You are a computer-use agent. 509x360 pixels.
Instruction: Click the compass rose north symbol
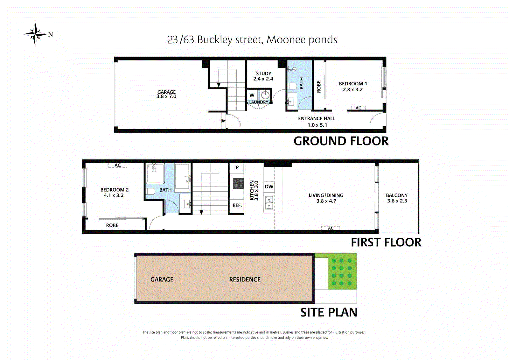click(x=35, y=34)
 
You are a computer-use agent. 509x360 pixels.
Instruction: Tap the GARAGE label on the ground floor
click(x=166, y=92)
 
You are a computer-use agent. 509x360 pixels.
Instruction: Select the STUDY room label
click(x=264, y=74)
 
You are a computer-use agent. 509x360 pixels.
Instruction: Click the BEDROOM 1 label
click(x=353, y=83)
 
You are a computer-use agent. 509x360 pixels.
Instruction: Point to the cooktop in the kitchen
click(x=238, y=183)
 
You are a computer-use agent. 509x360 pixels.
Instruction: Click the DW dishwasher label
click(x=269, y=187)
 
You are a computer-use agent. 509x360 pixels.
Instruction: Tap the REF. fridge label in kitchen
click(x=237, y=205)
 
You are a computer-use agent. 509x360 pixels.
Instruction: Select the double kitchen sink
click(x=269, y=203)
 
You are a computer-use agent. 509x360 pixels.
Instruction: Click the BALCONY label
click(x=397, y=195)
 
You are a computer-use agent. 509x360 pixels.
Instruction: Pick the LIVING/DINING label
click(x=326, y=195)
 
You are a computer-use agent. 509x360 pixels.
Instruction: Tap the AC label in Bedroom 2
click(x=118, y=165)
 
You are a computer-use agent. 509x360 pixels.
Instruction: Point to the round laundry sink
click(x=265, y=95)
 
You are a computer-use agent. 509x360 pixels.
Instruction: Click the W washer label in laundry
click(x=252, y=95)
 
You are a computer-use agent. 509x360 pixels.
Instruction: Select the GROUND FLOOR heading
click(x=341, y=141)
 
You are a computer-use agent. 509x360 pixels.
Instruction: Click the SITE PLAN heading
click(x=329, y=312)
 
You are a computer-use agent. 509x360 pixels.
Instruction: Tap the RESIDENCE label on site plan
click(x=245, y=279)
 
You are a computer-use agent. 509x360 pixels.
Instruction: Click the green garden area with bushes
click(x=342, y=272)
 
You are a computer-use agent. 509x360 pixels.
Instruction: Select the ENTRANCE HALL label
click(x=317, y=118)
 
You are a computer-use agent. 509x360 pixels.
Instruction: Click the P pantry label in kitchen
click(x=237, y=167)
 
